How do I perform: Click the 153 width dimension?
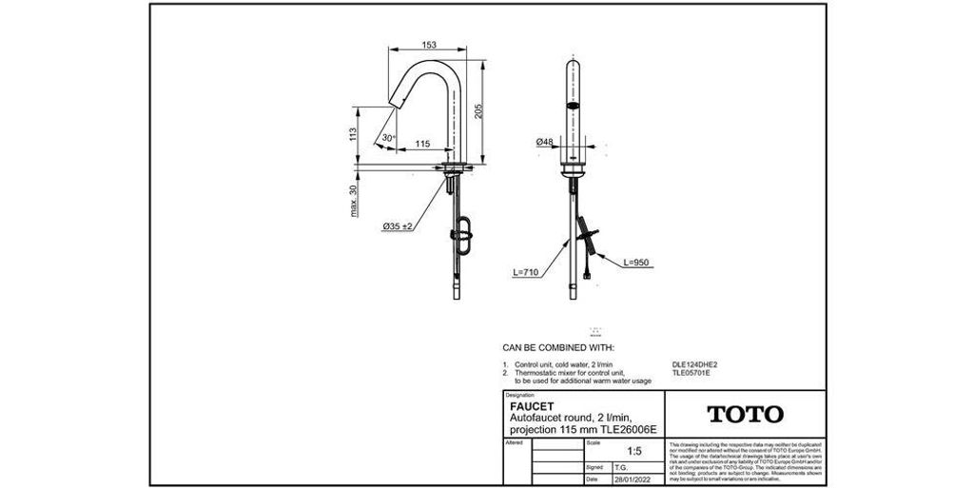click(429, 45)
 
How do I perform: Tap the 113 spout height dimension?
click(352, 133)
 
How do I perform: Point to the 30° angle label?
click(388, 138)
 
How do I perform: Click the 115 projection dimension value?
click(423, 144)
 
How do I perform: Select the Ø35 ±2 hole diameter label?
click(397, 226)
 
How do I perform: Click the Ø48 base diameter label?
click(545, 142)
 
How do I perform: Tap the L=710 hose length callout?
click(526, 273)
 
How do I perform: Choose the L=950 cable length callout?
click(638, 262)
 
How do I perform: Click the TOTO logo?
click(746, 414)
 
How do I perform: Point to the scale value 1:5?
click(623, 454)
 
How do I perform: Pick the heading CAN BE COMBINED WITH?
click(558, 348)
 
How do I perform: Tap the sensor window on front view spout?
click(574, 103)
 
